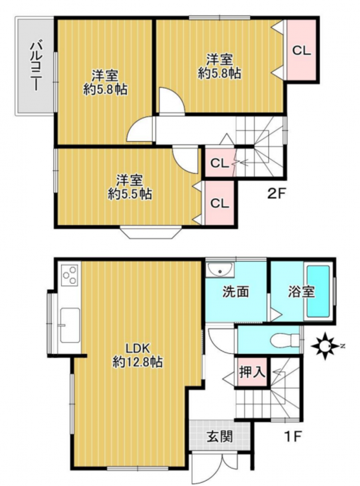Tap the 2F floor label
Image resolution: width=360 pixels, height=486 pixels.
tap(276, 194)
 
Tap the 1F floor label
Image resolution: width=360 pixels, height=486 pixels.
tap(293, 436)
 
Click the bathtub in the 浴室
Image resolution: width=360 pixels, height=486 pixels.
tap(318, 292)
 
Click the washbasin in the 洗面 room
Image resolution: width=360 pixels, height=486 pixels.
tap(220, 270)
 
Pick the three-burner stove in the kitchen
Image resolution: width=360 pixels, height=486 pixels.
tap(70, 275)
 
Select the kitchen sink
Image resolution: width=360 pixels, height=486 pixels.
tap(70, 325)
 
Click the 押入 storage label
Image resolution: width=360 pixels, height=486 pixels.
tap(252, 372)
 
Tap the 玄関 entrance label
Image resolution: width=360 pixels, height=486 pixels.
tap(219, 437)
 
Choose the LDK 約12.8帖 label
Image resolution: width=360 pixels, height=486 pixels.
tap(137, 355)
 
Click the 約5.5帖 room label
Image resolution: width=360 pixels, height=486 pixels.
tap(129, 194)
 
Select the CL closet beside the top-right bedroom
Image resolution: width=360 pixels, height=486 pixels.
tap(302, 51)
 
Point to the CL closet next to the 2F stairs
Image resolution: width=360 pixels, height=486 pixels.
tap(219, 163)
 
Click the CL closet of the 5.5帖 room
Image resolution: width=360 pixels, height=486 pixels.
tap(219, 203)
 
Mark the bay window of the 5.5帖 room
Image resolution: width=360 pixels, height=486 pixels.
tap(151, 233)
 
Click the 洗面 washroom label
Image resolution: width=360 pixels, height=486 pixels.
tap(236, 292)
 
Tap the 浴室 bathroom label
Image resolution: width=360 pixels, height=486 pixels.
tap(301, 292)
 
